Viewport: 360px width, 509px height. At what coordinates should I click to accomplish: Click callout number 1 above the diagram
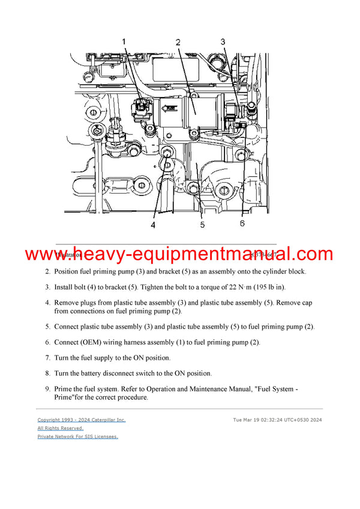click(125, 41)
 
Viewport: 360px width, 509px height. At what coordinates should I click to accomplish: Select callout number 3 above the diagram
click(223, 41)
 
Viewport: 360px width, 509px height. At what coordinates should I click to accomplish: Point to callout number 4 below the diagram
click(153, 225)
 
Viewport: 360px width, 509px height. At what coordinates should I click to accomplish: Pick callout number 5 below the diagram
click(202, 225)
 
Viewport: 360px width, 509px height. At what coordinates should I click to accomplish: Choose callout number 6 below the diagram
click(242, 223)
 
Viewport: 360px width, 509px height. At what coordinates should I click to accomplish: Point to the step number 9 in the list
click(47, 389)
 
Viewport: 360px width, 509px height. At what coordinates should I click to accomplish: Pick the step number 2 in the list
click(47, 272)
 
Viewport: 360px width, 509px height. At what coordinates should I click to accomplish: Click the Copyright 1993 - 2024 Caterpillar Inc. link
click(82, 420)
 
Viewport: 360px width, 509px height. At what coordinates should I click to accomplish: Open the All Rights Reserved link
click(60, 428)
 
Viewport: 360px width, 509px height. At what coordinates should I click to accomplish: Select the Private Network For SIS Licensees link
click(77, 436)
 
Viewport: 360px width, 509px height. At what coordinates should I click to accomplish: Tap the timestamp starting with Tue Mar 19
click(277, 420)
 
